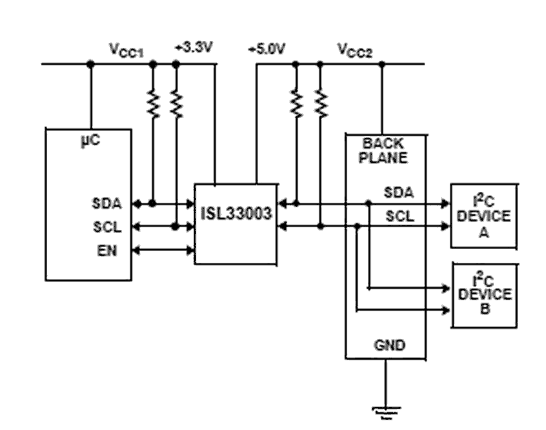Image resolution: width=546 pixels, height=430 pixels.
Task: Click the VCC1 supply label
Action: pos(126,51)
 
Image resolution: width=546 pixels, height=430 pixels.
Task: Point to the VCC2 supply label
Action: pos(355,51)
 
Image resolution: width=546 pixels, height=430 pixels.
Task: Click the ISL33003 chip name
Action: pos(236,214)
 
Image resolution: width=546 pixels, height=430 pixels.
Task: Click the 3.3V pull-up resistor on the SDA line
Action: pos(153,103)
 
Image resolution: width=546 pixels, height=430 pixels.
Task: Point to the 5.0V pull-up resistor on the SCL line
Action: pos(319,103)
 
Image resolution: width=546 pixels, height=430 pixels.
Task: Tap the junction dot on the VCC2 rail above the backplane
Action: pos(382,64)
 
